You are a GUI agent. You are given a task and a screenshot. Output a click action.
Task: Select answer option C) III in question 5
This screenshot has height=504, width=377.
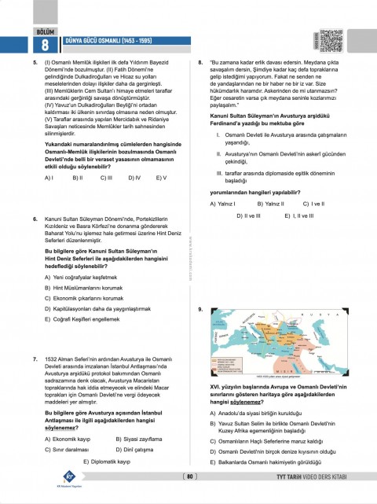[105, 178]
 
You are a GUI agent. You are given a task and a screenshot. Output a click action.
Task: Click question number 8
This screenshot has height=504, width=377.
[203, 60]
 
